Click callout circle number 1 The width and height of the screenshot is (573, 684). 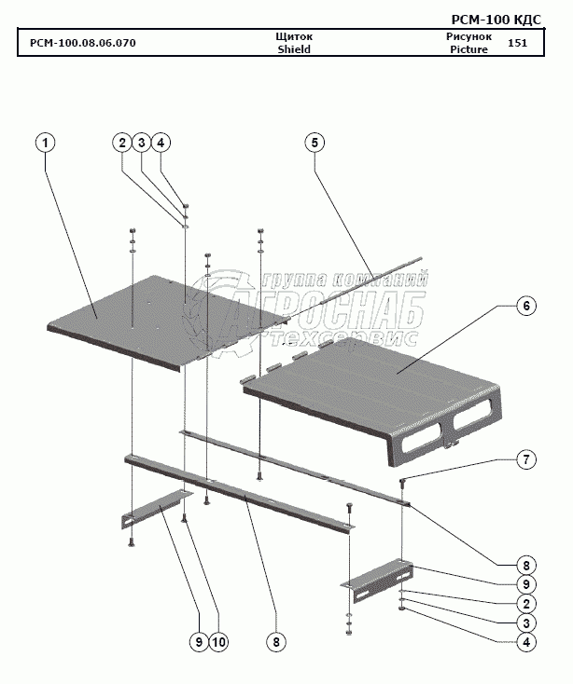click(45, 143)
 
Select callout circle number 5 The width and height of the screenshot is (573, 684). click(314, 143)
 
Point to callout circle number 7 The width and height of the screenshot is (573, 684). click(526, 459)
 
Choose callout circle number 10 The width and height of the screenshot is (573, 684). click(220, 641)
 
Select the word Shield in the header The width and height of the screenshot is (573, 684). click(293, 49)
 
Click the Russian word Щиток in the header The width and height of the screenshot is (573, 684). click(294, 35)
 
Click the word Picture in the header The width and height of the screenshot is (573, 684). click(468, 49)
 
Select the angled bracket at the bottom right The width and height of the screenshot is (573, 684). click(377, 574)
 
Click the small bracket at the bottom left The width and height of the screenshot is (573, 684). click(155, 508)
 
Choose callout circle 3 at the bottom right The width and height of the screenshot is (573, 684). click(526, 622)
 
